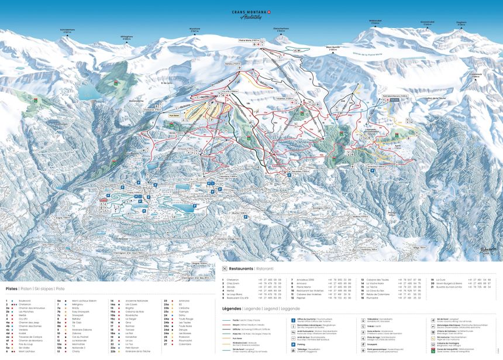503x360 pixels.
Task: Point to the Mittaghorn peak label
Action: click(127, 36)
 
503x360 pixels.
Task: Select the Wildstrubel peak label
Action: click(375, 20)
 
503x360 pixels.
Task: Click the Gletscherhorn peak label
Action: click(281, 28)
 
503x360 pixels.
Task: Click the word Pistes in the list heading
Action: click(12, 289)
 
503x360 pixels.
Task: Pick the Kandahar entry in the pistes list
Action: click(132, 337)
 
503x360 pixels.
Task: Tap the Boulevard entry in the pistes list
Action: click(26, 300)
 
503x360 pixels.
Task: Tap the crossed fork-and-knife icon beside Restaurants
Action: click(225, 268)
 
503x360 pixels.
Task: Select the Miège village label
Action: click(416, 247)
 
